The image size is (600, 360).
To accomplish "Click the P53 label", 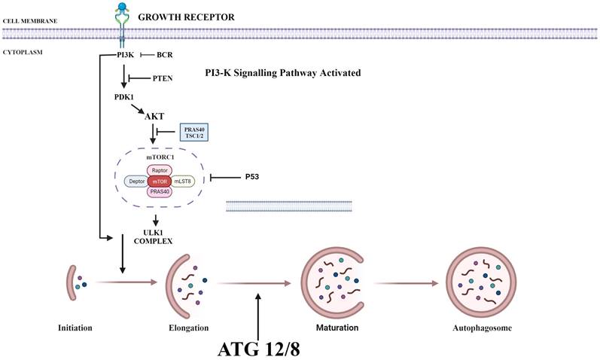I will click(254, 178).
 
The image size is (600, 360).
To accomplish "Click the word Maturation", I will click(336, 328).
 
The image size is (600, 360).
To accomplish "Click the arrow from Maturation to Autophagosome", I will click(407, 285).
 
